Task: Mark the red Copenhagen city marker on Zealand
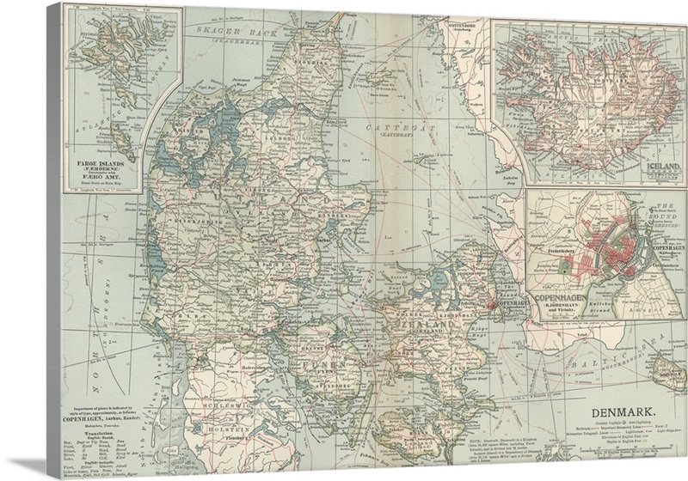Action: point(491,303)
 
